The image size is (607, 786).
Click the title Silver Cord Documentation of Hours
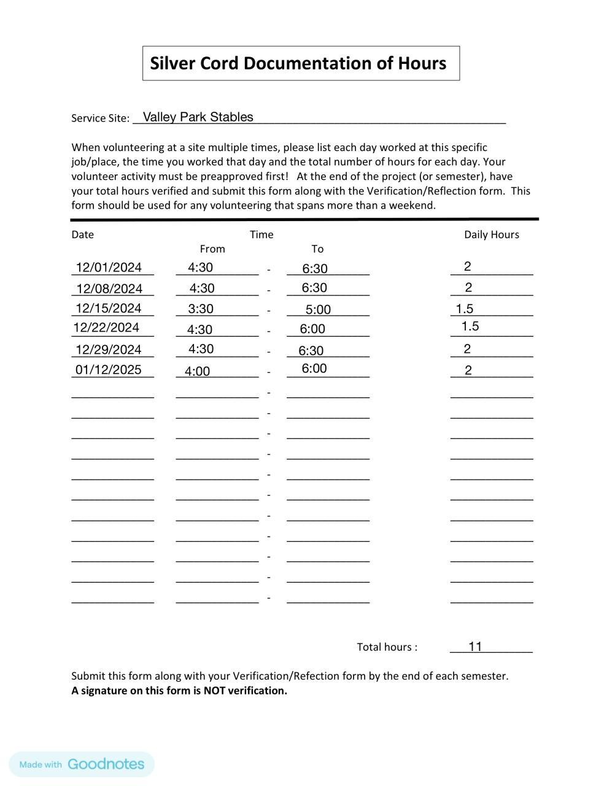(298, 63)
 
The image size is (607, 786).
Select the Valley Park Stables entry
(198, 117)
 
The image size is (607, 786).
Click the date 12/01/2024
(109, 268)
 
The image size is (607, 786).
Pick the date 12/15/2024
(109, 308)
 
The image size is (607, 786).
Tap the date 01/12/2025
(109, 370)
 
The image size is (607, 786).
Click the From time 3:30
(201, 309)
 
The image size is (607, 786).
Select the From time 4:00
(197, 372)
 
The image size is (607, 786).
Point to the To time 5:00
(318, 310)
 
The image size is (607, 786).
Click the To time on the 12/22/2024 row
(312, 329)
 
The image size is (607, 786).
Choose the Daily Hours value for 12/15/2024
(465, 309)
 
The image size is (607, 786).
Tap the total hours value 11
(475, 647)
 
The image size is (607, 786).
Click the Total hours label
(387, 647)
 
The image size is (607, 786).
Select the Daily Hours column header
(491, 235)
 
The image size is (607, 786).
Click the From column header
(212, 249)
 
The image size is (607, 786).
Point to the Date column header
(83, 235)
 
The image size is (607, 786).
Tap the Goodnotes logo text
(106, 765)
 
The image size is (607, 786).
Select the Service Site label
(100, 119)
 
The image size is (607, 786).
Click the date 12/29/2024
(109, 350)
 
